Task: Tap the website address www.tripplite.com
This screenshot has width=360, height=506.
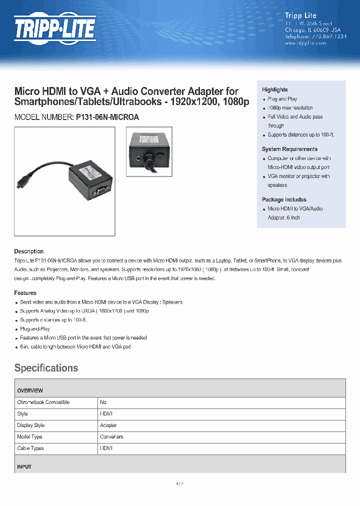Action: coord(305,43)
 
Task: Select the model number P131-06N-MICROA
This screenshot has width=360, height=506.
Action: coord(107,117)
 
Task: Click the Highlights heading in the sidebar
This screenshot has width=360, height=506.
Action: coord(274,89)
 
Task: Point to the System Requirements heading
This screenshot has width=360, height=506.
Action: coord(289,149)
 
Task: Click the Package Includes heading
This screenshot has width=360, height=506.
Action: coord(284,199)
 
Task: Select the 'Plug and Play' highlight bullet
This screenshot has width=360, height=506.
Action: coord(282,99)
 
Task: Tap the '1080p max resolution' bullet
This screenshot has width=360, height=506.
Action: coord(290,108)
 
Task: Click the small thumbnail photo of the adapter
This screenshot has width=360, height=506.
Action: coord(149,151)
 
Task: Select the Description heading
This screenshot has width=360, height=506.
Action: coord(28,251)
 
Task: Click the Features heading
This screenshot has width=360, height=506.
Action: coord(25,293)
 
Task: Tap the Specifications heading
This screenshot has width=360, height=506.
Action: coord(46,368)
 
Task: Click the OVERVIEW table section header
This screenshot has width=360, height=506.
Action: coord(30,390)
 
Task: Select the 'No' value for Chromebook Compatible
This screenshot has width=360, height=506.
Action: coord(103,402)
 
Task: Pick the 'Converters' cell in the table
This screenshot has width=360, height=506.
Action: coord(111,437)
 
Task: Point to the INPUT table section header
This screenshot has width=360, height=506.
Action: coord(24,466)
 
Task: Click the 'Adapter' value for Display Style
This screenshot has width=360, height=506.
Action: coord(108,425)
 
